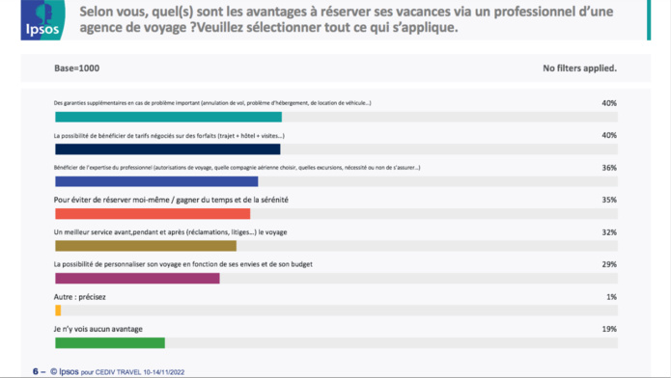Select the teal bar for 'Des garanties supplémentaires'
tap(168, 117)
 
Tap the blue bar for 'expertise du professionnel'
tap(156, 181)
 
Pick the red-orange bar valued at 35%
tap(153, 213)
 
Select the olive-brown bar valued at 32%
tap(146, 246)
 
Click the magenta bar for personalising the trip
tap(137, 278)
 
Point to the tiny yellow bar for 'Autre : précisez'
tap(58, 310)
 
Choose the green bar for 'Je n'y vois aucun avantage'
tap(110, 342)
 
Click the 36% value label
tap(608, 168)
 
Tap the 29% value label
tap(608, 264)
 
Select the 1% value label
tap(611, 297)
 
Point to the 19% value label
tap(608, 329)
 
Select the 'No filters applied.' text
tap(579, 69)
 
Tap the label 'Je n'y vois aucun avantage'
tap(98, 329)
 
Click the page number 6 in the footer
tap(35, 370)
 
